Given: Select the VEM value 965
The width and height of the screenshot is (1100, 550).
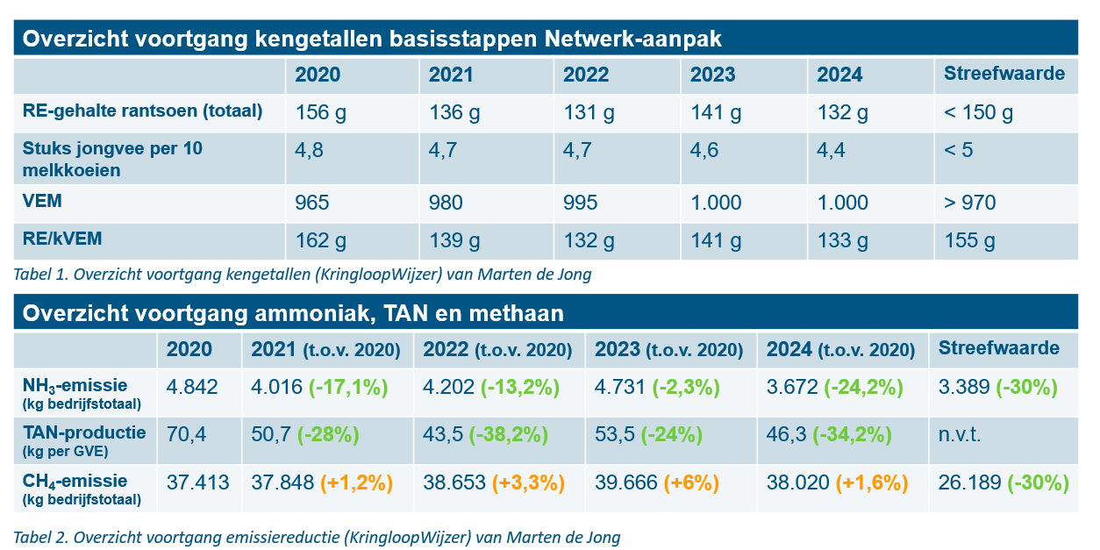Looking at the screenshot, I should coord(312,204).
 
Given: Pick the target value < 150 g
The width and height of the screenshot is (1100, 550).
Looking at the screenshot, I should coord(978,113).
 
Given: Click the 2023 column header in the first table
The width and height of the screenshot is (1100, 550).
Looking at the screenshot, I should coord(712,75).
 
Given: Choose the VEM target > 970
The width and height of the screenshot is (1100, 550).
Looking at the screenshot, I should coord(969,204).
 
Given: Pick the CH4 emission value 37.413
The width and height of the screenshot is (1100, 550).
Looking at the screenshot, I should coord(197,483).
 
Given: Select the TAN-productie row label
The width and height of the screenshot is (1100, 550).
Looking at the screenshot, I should coord(84,432).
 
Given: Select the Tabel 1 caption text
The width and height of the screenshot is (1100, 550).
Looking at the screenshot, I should coord(303,275).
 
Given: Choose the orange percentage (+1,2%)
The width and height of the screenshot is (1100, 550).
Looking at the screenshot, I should coord(356,483).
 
